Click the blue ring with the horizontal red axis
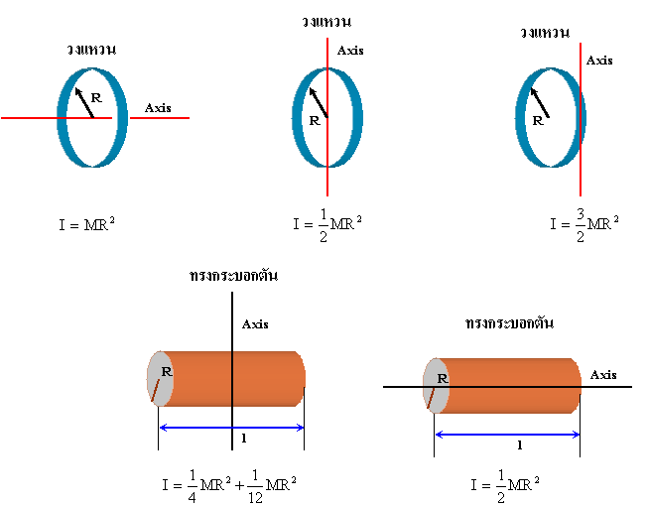pyautogui.click(x=64, y=117)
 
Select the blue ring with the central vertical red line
pyautogui.click(x=298, y=117)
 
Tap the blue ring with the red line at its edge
pyautogui.click(x=521, y=117)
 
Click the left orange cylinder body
pyautogui.click(x=268, y=378)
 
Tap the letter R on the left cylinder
pyautogui.click(x=166, y=372)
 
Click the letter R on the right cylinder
pyautogui.click(x=442, y=378)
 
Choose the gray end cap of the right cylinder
pyautogui.click(x=434, y=396)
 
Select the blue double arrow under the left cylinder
pyautogui.click(x=231, y=428)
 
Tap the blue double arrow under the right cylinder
pyautogui.click(x=507, y=435)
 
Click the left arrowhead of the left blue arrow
pyautogui.click(x=162, y=428)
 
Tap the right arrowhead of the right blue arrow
pyautogui.click(x=577, y=435)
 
